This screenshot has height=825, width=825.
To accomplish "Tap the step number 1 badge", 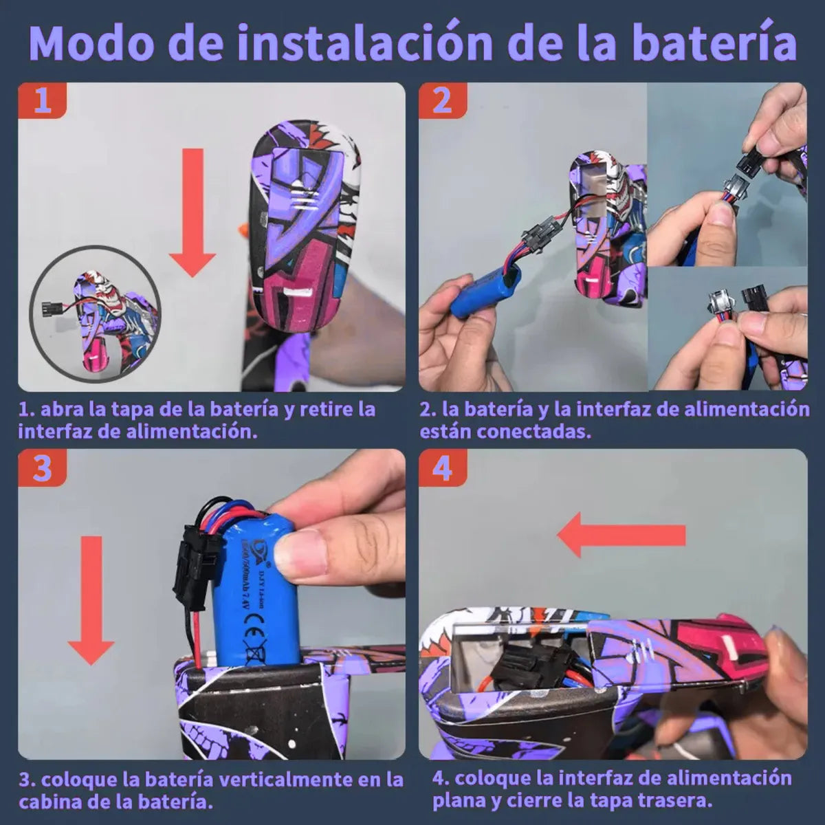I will click(43, 100).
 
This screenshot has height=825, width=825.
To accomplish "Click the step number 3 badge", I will click(43, 468).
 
